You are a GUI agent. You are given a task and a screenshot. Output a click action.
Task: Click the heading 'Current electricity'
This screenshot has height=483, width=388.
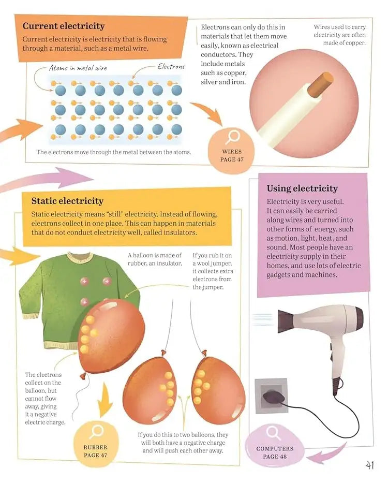[64, 26]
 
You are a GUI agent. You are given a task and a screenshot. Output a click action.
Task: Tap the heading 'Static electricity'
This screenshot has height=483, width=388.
[67, 201]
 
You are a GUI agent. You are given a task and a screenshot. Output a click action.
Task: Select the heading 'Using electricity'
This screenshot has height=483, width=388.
[302, 188]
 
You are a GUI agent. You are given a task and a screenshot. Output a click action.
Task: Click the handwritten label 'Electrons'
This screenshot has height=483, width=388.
[171, 67]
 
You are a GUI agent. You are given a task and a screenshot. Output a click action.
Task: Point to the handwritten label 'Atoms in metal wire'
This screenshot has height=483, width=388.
[78, 68]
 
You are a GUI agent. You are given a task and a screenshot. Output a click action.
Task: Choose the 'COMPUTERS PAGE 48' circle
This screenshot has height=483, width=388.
[274, 446]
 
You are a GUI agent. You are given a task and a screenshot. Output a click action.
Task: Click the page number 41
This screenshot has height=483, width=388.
[369, 465]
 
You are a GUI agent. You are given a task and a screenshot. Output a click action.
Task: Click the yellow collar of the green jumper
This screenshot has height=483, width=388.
[80, 257]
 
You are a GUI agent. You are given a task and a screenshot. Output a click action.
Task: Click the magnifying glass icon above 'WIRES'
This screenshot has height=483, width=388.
[232, 137]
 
